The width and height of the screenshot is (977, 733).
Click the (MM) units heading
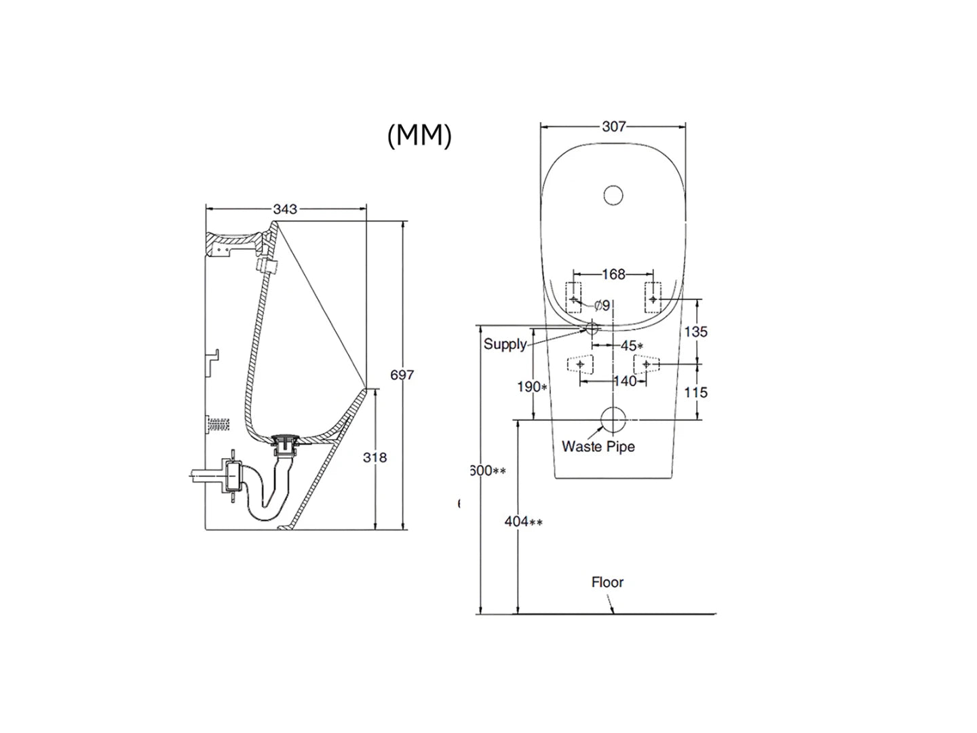(x=419, y=136)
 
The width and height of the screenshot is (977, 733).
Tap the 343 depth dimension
(x=285, y=209)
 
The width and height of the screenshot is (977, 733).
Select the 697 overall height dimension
(x=402, y=375)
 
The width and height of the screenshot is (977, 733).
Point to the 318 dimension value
(x=375, y=457)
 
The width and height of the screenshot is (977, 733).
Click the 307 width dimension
(x=613, y=127)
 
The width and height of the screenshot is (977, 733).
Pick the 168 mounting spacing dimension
(x=613, y=274)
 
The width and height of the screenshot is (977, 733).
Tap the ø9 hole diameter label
(x=602, y=306)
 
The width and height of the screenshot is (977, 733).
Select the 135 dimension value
(x=695, y=331)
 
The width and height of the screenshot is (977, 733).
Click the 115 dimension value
(x=695, y=392)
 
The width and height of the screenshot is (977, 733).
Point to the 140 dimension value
(x=625, y=381)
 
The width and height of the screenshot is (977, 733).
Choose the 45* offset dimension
(x=631, y=346)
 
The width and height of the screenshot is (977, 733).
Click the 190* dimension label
(x=532, y=387)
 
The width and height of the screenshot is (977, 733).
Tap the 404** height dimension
(x=523, y=522)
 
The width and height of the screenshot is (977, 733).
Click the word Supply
(x=505, y=344)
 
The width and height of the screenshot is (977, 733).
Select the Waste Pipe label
(x=598, y=447)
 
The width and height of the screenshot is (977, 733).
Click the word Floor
(x=607, y=582)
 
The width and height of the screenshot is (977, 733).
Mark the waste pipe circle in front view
(x=614, y=419)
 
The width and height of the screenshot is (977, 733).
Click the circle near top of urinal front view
(x=613, y=195)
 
